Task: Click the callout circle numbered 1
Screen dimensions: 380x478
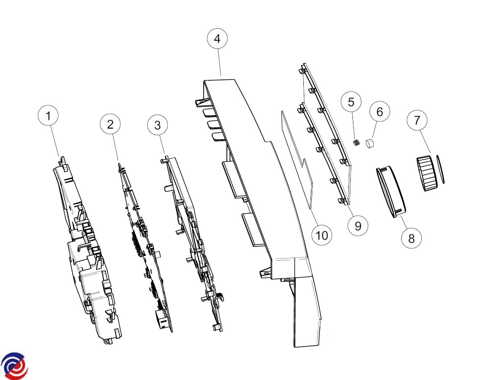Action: (49, 116)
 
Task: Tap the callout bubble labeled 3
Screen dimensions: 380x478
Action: (157, 125)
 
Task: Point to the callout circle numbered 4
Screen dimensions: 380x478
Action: (217, 39)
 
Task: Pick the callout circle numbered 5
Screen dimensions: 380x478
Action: (351, 102)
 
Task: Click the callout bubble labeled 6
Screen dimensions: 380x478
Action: (380, 112)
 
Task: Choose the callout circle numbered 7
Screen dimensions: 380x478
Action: (417, 120)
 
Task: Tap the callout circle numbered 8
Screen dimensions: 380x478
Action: (411, 238)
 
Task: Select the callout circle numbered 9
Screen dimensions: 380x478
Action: (358, 226)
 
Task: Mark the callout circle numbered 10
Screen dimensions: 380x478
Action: (322, 235)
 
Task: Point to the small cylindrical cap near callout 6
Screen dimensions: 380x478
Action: (370, 144)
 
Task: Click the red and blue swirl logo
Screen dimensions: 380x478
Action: (14, 366)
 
